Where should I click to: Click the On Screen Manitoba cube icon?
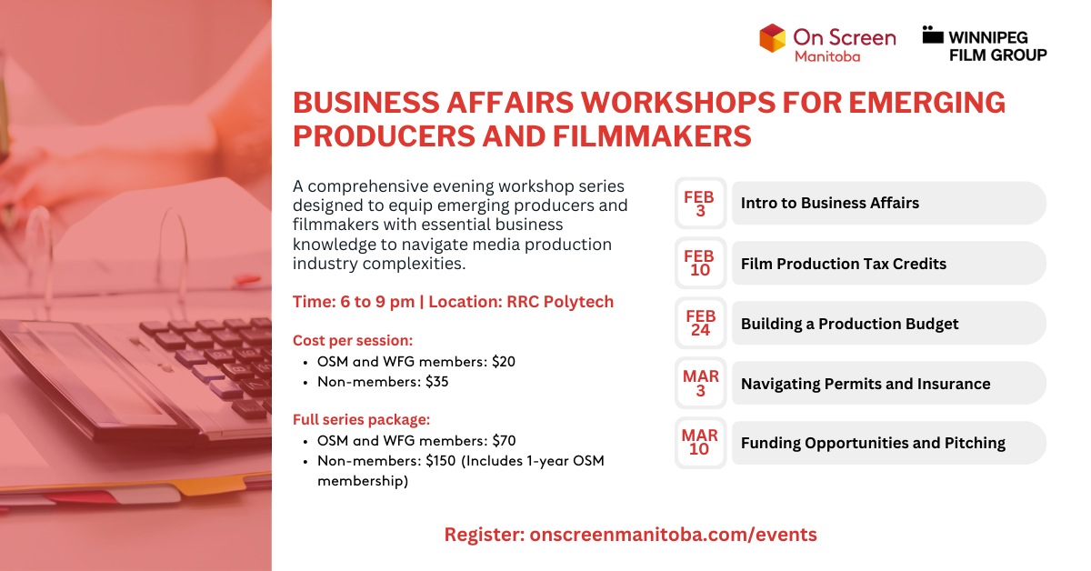[772, 38]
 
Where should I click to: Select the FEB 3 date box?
[700, 203]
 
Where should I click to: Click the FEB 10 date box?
[700, 263]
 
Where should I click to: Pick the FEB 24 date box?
[700, 323]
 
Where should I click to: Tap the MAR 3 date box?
[700, 383]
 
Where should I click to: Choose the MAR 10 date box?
[700, 443]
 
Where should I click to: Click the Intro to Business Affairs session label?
[829, 203]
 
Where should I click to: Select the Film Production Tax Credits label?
[843, 264]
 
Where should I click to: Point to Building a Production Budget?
[849, 324]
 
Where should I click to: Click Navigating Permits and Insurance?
[865, 384]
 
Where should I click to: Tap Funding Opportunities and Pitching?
[872, 444]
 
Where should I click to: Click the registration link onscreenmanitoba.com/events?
[672, 535]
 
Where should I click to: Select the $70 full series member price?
[504, 441]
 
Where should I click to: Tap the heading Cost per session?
[353, 340]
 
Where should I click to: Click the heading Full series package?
[361, 420]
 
